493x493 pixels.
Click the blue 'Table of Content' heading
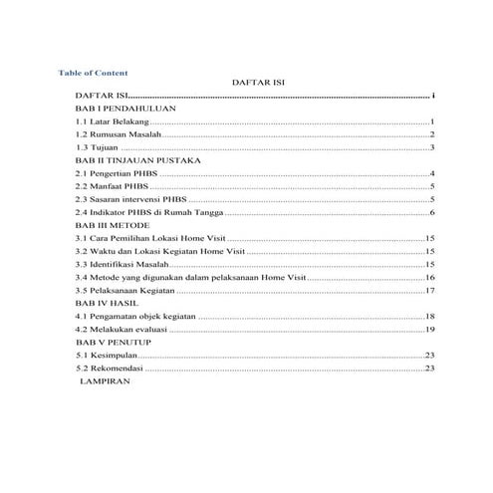pos(93,73)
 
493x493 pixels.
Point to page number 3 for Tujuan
pos(433,147)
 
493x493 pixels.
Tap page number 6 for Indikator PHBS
pos(433,213)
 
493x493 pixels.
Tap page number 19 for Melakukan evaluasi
pos(430,329)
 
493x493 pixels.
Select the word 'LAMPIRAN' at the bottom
pos(113,380)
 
